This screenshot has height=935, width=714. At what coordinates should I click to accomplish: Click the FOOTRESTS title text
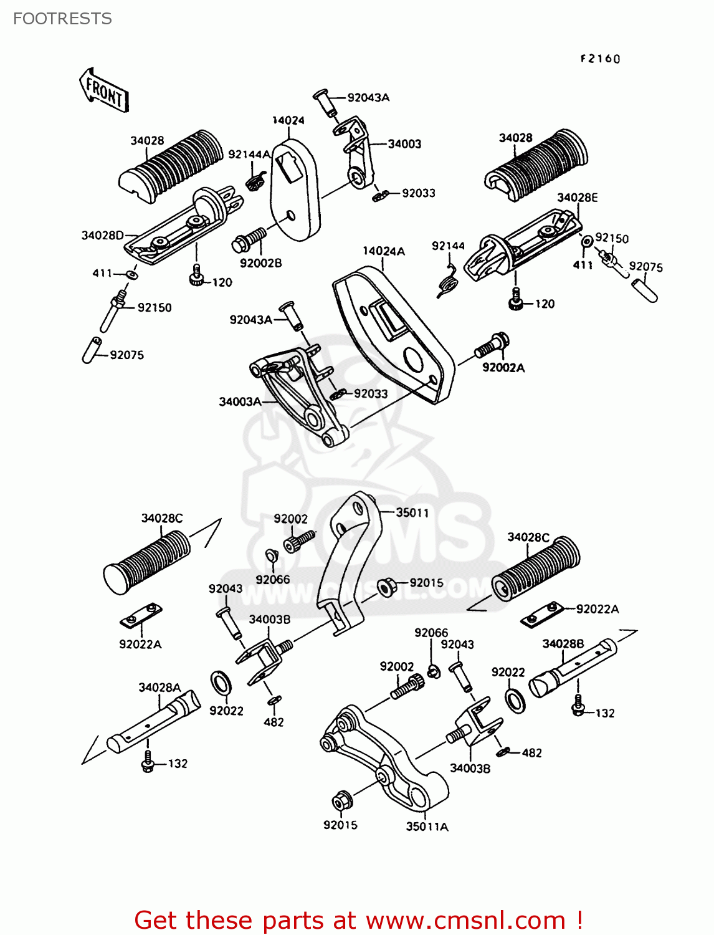coord(62,19)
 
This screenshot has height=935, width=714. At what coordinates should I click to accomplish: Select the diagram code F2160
coord(600,59)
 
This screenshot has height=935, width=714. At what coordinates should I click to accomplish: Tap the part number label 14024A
coord(384,251)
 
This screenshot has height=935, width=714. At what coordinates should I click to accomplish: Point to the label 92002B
coord(260,263)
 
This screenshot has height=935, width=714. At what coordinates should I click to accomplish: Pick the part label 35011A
coord(427,827)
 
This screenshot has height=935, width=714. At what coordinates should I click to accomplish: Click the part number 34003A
coord(240,402)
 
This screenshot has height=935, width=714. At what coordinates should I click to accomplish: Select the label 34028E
coord(577,198)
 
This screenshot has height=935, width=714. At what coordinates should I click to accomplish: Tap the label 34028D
coord(102,235)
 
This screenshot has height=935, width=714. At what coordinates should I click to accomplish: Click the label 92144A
coord(249,154)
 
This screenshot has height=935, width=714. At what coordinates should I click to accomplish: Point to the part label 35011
coord(412,512)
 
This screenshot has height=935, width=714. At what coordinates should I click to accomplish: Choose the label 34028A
coord(159,687)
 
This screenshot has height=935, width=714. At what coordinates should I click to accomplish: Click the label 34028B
coord(563,643)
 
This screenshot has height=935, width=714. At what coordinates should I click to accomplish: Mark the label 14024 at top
coord(288,120)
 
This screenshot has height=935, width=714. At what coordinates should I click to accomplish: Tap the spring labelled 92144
coord(447,280)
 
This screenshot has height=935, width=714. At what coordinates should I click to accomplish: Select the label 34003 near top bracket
coord(404,144)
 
